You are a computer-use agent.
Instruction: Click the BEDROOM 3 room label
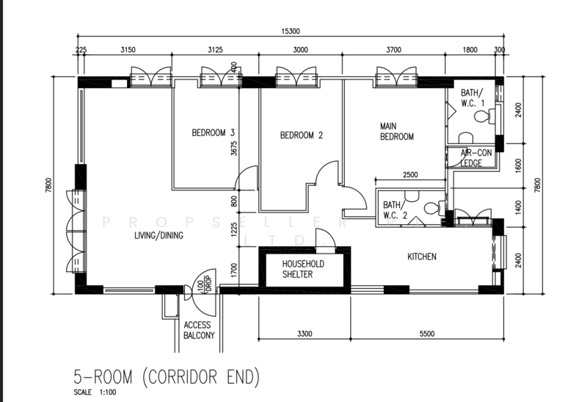(x=213, y=133)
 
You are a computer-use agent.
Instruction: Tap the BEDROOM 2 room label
(x=302, y=135)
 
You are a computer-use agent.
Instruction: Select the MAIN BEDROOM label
(x=397, y=132)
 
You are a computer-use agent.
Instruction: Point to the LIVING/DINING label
(x=158, y=235)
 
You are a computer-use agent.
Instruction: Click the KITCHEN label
(x=422, y=256)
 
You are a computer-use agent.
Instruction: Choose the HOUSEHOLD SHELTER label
(x=303, y=269)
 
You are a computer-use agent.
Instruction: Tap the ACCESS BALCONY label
(x=199, y=330)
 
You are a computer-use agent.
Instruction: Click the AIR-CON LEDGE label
(x=475, y=158)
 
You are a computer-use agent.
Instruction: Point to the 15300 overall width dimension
(x=291, y=32)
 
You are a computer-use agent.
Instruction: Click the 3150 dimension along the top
(x=128, y=49)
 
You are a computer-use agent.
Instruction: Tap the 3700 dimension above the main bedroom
(x=394, y=49)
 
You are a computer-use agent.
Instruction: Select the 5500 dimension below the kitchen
(x=427, y=334)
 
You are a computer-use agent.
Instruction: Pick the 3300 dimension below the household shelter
(x=305, y=334)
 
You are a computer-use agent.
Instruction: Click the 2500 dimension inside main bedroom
(x=410, y=174)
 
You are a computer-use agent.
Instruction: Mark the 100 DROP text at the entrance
(x=205, y=285)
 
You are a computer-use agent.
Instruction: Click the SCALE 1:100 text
(x=95, y=392)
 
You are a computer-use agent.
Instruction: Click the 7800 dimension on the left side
(x=48, y=185)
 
